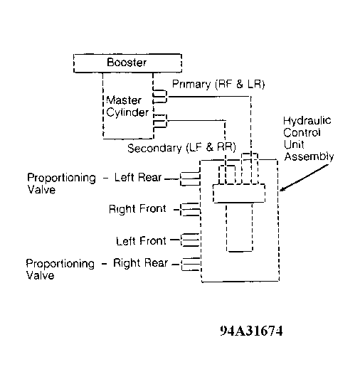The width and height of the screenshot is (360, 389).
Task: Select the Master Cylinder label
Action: pos(127,107)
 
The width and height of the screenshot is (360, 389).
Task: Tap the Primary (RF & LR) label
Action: pos(218,85)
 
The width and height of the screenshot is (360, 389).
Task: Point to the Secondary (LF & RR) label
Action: pos(181,148)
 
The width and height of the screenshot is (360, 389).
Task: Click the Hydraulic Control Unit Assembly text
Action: pos(308,139)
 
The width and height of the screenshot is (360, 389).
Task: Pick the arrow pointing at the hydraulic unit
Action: pos(305,178)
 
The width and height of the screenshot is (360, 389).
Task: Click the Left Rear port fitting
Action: pos(190,178)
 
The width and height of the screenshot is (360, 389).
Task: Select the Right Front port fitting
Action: pos(190,209)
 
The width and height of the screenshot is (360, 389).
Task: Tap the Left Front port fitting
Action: pos(191,240)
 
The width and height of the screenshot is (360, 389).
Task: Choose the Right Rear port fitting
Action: pos(191,265)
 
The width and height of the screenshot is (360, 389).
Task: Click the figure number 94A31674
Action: pos(252,331)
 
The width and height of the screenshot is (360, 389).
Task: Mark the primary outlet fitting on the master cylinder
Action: pos(160,97)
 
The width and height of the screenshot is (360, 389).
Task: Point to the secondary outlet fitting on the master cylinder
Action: pos(160,121)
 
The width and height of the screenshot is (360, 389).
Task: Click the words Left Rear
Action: pos(138,177)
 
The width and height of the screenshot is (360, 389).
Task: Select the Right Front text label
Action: pos(137,209)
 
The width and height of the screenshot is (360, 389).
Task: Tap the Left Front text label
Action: pos(142,240)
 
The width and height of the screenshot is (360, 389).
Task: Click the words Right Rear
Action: pos(141,263)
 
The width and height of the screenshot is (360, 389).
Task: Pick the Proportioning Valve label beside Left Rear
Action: pos(61,183)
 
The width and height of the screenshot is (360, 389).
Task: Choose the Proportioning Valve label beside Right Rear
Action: pos(60,270)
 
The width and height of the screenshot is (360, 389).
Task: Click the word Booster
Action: pos(127,63)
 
